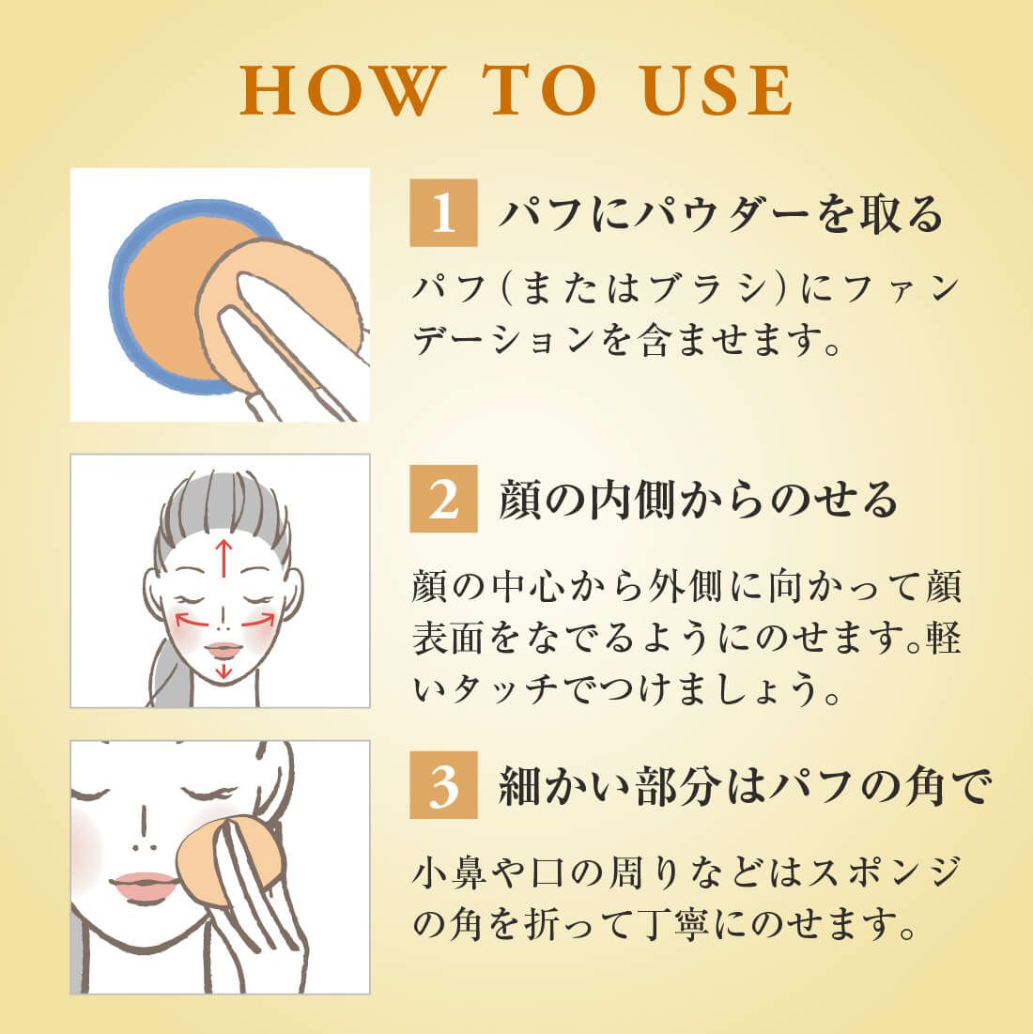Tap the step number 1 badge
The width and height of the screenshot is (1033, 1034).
point(443,212)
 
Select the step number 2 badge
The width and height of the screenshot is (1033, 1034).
point(443,499)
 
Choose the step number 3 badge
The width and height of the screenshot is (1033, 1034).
point(443,785)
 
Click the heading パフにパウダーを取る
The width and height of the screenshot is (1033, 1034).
point(721,214)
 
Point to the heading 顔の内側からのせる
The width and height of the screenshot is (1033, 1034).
point(698,500)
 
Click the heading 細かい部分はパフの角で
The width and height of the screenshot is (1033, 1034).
point(745,786)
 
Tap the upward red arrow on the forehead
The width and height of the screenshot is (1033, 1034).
point(224,558)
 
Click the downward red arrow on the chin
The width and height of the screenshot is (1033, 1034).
point(224,670)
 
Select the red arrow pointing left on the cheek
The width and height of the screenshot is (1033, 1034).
point(192,619)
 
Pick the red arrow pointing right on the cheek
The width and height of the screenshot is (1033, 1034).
point(258,620)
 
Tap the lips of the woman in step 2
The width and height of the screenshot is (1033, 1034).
point(224,651)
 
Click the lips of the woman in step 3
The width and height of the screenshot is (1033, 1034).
point(143,886)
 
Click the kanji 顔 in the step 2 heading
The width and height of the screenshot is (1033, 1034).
point(521,500)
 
